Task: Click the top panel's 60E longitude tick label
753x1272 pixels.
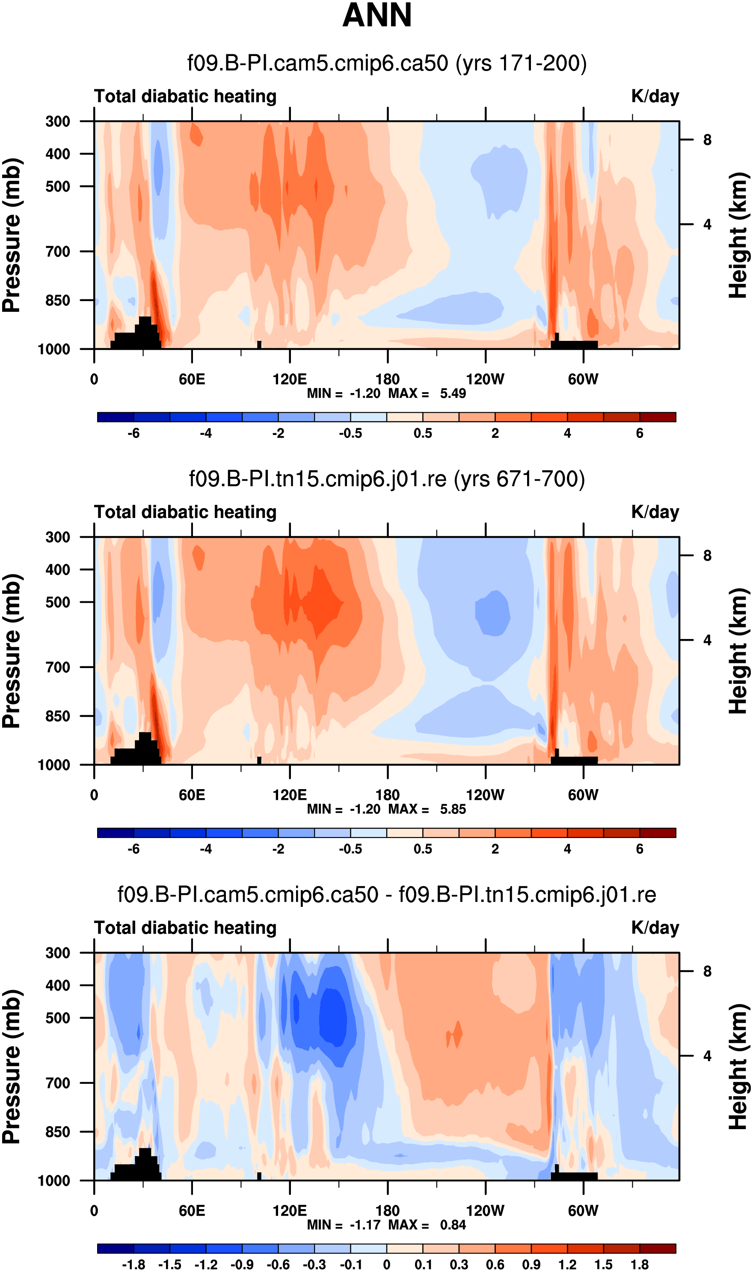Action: tap(192, 379)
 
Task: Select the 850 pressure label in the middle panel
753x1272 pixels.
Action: tap(58, 716)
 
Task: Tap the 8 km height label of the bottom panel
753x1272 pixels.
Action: tap(707, 971)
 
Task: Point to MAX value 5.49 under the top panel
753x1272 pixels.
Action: tap(453, 393)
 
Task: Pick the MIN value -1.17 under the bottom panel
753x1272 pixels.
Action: tap(365, 1225)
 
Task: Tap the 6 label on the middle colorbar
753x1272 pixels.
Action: tap(640, 849)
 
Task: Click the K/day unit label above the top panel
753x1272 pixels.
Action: tap(655, 96)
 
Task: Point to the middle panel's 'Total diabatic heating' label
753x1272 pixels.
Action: tap(185, 512)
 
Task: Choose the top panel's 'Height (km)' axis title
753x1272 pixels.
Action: tap(739, 235)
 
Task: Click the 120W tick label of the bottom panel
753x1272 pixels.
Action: tap(485, 1211)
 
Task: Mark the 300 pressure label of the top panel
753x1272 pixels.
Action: tap(58, 122)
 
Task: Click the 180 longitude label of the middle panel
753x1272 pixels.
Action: tap(388, 795)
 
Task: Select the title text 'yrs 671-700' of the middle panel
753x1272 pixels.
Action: tap(519, 479)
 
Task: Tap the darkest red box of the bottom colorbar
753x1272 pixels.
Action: tap(658, 1248)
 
